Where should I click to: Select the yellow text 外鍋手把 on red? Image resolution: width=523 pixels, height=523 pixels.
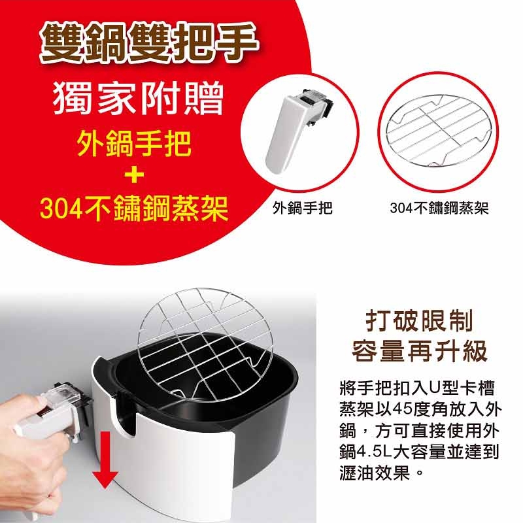[135, 144]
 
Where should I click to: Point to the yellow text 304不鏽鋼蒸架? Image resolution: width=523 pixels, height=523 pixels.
[134, 209]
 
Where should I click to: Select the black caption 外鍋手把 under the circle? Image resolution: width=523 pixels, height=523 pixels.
[303, 209]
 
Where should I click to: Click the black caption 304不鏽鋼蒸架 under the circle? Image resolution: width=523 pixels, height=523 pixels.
[439, 209]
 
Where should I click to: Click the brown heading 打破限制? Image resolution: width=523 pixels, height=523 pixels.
[419, 320]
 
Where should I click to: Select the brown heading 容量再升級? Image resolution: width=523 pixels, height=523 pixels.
[420, 351]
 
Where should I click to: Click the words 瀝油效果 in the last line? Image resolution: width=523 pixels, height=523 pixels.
[374, 473]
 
